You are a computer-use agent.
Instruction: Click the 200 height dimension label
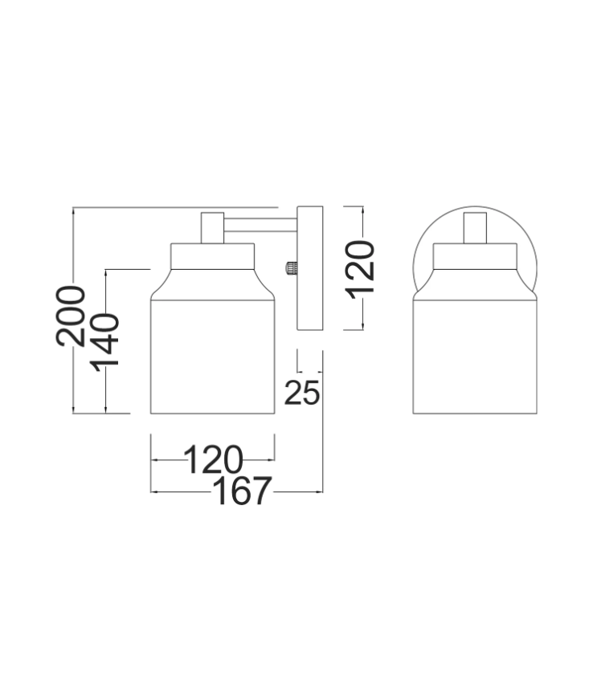(x=70, y=316)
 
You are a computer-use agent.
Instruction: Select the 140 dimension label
(x=105, y=342)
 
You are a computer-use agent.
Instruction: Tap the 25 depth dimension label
(x=302, y=393)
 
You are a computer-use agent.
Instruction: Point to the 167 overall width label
(x=243, y=491)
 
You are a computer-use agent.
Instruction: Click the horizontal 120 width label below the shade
(x=214, y=459)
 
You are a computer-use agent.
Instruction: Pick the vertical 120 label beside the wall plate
(x=360, y=269)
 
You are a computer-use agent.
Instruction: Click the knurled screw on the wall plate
(x=290, y=267)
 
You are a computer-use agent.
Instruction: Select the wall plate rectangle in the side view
(x=309, y=268)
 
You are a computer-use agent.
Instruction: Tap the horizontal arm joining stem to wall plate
(x=260, y=225)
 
